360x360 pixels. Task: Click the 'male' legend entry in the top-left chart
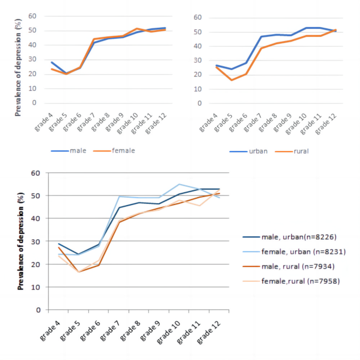pos(77,151)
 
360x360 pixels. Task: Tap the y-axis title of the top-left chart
pos(18,67)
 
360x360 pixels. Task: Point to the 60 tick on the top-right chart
pos(198,17)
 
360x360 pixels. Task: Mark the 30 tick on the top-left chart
pos(33,59)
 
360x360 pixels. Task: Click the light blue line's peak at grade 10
pos(179,184)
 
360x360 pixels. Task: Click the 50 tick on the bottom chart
pos(36,196)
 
